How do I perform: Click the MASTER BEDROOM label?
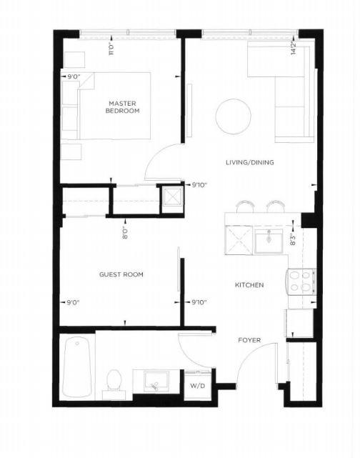point(123,107)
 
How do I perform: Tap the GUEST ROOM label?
point(121,274)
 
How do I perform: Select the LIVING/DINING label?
point(250,162)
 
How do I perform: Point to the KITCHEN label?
point(249,285)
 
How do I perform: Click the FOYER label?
point(249,340)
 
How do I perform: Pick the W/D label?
point(198,386)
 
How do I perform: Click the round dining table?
point(233,116)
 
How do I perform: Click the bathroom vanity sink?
point(156,382)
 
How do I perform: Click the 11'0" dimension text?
point(111,49)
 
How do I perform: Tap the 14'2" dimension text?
point(293,48)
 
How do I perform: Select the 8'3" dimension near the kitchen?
point(293,239)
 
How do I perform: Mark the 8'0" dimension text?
point(125,233)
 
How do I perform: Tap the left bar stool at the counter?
point(245,206)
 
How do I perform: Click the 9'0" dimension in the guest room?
point(73,303)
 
